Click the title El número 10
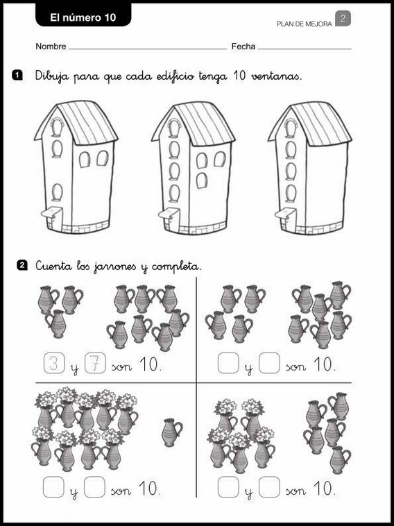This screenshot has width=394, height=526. coord(83,17)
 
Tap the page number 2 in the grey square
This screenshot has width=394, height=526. coord(343,19)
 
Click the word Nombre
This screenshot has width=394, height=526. coord(51,46)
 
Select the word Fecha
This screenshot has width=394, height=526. coord(243,46)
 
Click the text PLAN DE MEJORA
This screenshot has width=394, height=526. coord(304,24)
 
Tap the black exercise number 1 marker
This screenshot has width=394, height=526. coord(17,75)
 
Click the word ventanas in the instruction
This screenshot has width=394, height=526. coord(277,76)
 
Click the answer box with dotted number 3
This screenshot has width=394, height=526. coord(54,363)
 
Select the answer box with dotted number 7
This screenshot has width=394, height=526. coord(95,363)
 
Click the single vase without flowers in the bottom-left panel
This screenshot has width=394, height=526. coord(172,432)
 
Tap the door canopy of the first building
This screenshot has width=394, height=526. coord(51,212)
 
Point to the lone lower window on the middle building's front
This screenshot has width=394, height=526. coord(202,180)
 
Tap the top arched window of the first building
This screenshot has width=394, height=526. coord(57,128)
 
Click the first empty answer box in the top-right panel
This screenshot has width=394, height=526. coord(228,363)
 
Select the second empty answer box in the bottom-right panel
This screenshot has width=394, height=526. coord(269,486)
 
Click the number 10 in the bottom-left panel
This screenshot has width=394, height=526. coord(149,489)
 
